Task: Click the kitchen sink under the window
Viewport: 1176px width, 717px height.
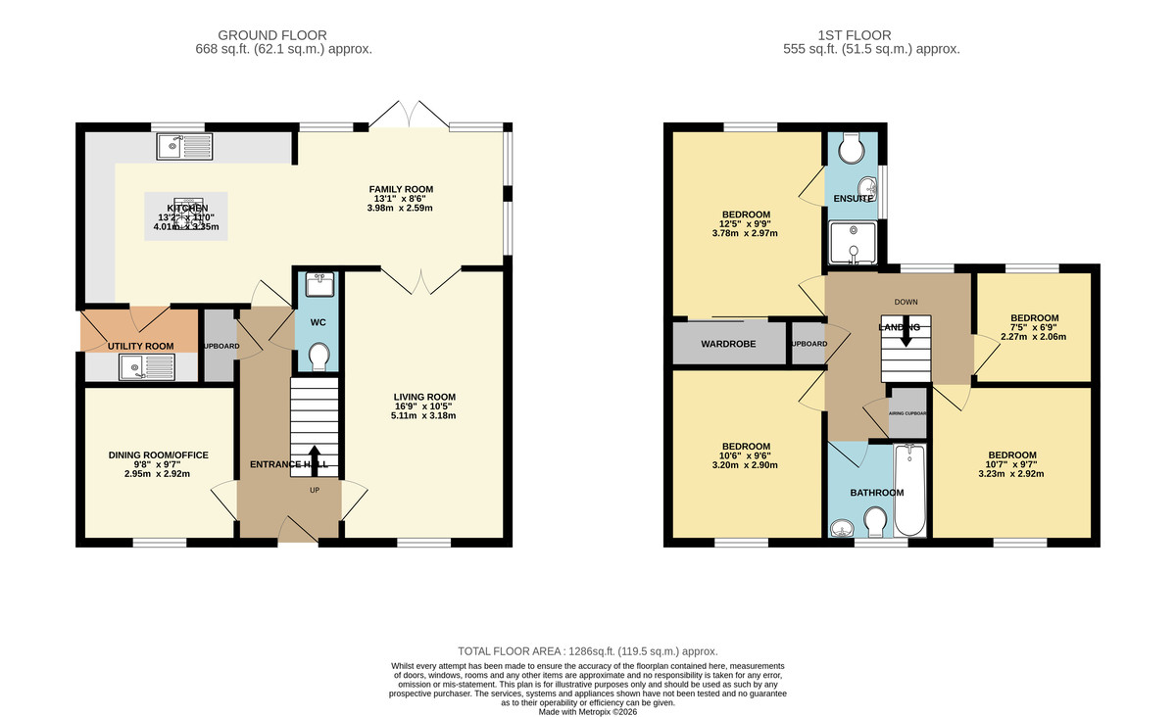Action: click(183, 147)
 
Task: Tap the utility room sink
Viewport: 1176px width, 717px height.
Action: click(145, 367)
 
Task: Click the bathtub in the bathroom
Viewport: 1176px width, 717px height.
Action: click(910, 490)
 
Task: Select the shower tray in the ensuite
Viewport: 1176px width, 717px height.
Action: click(853, 244)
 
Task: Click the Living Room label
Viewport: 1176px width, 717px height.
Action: click(425, 397)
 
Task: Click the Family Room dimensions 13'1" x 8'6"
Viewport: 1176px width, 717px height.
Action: click(401, 199)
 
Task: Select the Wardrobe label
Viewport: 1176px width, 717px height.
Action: click(729, 344)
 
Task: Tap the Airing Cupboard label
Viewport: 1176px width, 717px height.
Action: click(906, 413)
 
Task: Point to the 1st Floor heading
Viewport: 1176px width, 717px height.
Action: click(870, 35)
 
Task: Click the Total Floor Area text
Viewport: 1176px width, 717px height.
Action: click(588, 651)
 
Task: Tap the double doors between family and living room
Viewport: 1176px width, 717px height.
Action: click(419, 281)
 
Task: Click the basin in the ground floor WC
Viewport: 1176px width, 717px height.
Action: click(318, 285)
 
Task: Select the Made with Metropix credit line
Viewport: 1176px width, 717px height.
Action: click(588, 711)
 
